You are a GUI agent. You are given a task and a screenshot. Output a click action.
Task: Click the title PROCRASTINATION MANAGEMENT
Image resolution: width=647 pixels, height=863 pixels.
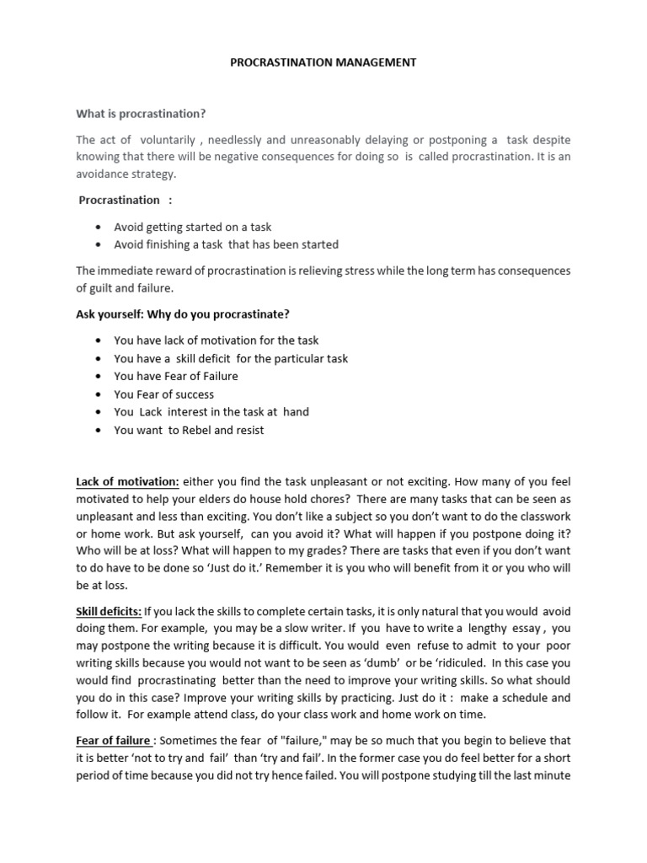tap(323, 62)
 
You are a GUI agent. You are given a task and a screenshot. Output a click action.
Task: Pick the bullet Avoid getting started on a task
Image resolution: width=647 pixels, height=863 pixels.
tap(193, 228)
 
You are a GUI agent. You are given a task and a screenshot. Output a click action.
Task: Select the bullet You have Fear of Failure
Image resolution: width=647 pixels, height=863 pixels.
tap(175, 376)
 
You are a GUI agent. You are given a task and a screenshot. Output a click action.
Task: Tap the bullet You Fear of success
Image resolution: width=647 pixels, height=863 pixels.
tap(163, 394)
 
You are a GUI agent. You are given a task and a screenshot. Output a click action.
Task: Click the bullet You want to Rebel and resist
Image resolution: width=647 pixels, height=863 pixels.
tap(189, 430)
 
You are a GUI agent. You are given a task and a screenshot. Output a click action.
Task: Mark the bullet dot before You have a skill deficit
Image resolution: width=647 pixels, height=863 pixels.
tap(99, 359)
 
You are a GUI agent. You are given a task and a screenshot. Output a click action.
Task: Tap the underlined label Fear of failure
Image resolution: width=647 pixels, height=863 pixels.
tap(114, 741)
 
